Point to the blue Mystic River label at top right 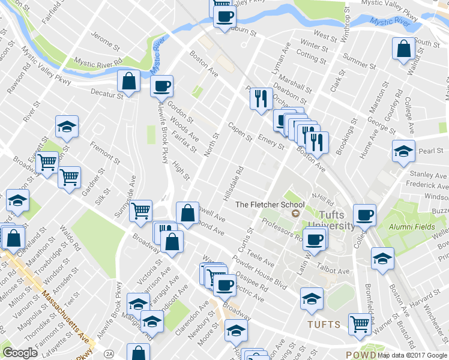click(x=390, y=22)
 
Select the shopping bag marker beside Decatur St click(x=128, y=80)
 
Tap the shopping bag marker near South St click(x=403, y=48)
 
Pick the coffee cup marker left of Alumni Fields click(x=364, y=214)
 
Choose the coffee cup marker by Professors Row click(x=314, y=239)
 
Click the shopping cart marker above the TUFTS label click(x=360, y=323)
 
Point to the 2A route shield click(x=109, y=353)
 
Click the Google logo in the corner click(x=20, y=353)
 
